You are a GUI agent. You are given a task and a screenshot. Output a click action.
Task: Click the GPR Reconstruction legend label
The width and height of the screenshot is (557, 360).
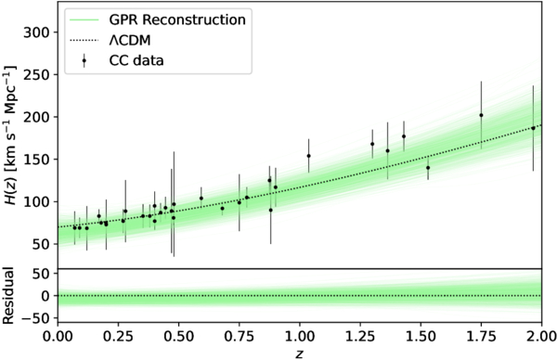coord(177,19)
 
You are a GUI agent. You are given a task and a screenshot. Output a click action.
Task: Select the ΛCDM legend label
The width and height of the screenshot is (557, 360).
coord(130,41)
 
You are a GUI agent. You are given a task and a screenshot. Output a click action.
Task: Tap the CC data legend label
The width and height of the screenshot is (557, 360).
coord(136,60)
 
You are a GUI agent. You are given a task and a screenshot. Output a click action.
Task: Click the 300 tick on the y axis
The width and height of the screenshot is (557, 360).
coord(35,32)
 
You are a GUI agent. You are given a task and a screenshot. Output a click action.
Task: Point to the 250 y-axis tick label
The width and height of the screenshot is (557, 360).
coord(35,75)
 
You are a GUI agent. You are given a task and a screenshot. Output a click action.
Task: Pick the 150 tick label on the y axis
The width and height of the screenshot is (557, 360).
coord(35,160)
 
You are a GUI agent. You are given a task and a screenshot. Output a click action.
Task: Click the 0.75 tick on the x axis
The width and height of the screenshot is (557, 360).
coord(240,336)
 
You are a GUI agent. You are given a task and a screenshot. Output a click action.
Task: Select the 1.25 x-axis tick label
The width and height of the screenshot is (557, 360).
coord(360,336)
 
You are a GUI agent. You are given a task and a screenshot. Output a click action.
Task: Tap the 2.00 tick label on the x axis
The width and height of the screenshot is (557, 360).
coord(541,336)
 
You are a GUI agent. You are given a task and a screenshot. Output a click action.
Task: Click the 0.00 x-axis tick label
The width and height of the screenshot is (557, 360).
coord(58,336)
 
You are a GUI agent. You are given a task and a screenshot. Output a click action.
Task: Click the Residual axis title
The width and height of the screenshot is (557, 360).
coord(7,296)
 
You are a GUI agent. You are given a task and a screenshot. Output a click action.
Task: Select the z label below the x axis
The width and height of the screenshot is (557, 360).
coord(300,354)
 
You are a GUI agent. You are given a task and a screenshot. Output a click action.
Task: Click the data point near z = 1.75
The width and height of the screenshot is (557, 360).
coord(481,115)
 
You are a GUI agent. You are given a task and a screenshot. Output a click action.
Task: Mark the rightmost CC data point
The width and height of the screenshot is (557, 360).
coord(533,128)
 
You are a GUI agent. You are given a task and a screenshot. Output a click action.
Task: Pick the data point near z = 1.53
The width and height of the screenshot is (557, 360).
coord(428,168)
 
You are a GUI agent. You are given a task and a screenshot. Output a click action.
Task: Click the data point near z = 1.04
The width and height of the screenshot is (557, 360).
coord(309,156)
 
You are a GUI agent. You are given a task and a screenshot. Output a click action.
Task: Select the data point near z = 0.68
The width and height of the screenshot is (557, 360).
coord(223,209)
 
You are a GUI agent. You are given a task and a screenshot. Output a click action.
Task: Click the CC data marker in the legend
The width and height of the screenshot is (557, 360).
coord(84,60)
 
